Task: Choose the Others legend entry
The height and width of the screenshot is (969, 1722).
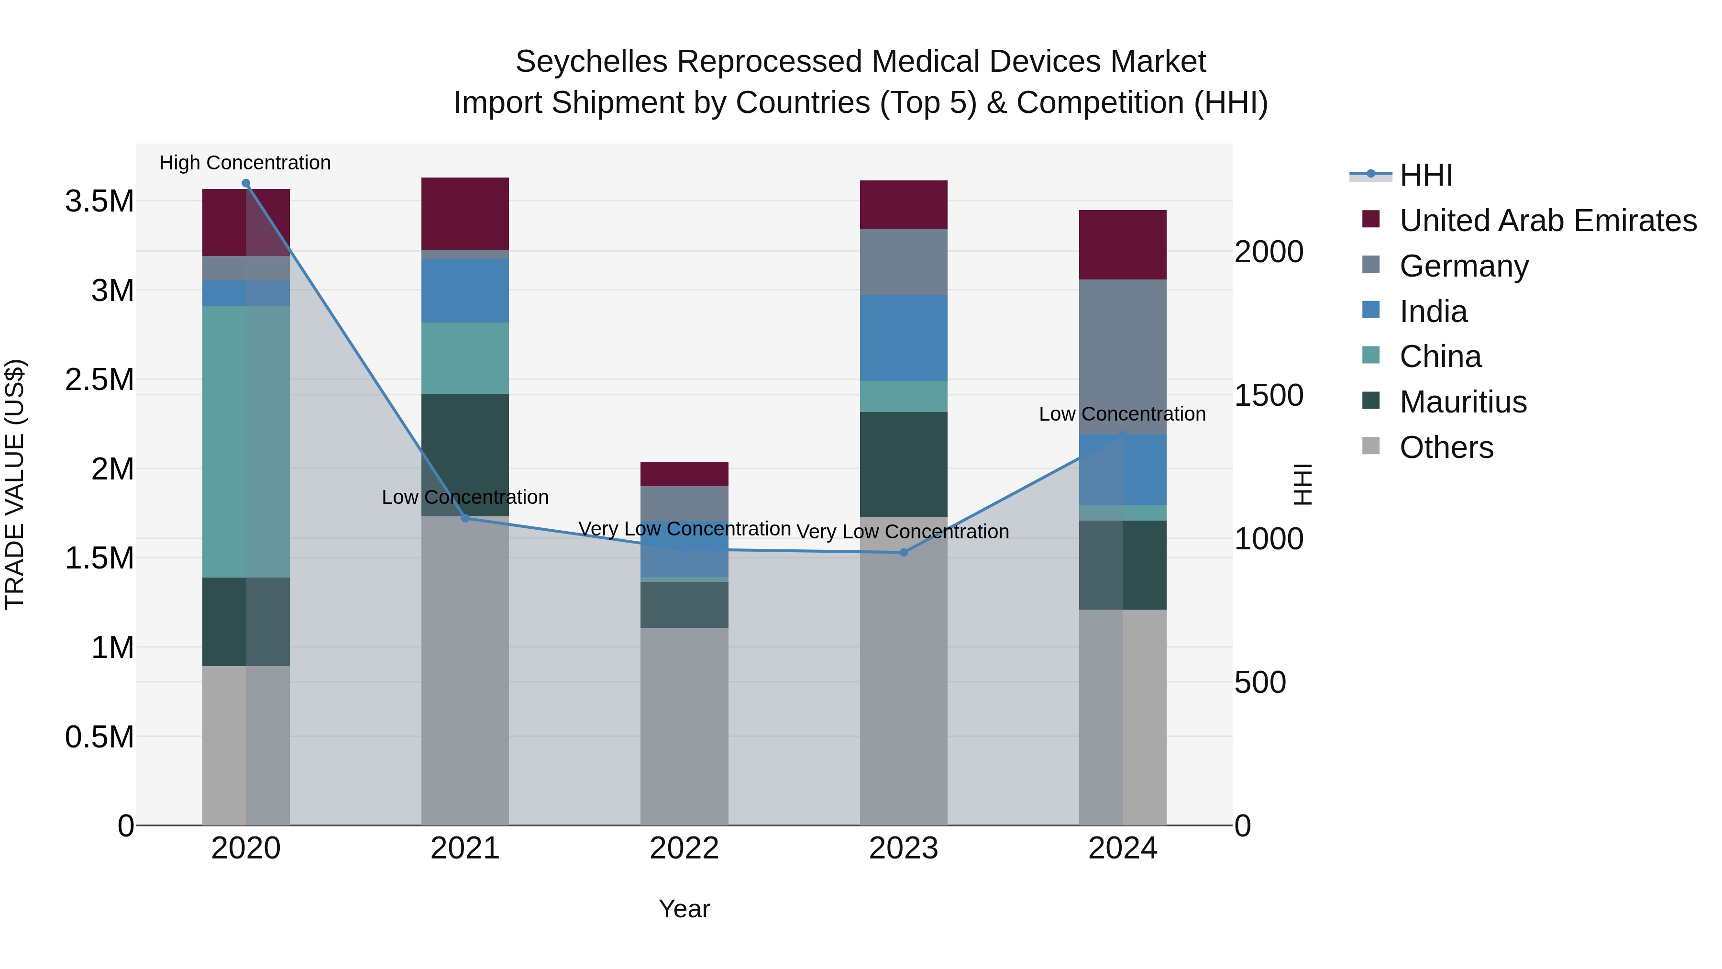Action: (1446, 447)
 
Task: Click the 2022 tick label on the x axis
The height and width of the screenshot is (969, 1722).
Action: (684, 848)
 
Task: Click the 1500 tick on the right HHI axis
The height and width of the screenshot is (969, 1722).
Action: (1268, 395)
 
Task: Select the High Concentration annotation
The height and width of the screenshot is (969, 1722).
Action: (244, 163)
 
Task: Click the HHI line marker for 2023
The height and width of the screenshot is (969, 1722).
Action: (903, 552)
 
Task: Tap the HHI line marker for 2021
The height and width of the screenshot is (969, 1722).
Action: (465, 518)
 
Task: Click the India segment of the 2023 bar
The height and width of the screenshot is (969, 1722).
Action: (903, 338)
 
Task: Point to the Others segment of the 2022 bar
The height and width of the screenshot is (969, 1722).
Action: (684, 725)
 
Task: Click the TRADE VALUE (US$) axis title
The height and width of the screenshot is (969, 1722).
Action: (15, 484)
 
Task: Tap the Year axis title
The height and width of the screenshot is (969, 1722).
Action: (684, 909)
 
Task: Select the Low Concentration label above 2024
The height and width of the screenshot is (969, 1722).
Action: (1122, 414)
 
